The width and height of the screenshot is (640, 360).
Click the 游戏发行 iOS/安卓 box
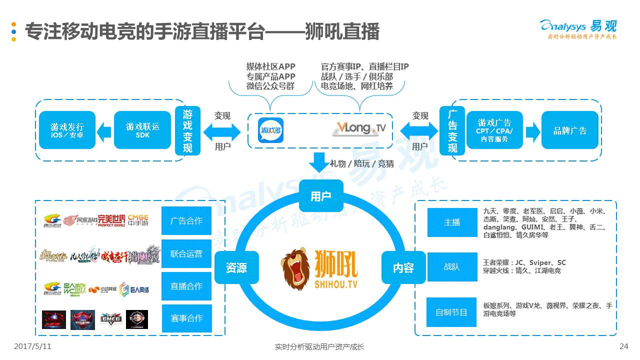tap(67, 130)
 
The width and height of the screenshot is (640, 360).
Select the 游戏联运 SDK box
tap(142, 130)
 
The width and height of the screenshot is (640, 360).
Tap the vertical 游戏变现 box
tap(187, 130)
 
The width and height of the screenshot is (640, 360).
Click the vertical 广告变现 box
tap(452, 130)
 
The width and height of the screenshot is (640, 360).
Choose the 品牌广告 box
tap(569, 130)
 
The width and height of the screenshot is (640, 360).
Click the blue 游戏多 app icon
tap(271, 130)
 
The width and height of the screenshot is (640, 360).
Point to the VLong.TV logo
tap(359, 129)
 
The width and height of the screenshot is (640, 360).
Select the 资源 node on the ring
tap(236, 268)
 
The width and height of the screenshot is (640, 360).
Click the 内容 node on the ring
tap(403, 268)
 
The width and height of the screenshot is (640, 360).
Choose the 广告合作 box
tap(186, 220)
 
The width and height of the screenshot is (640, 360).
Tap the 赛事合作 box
tap(186, 318)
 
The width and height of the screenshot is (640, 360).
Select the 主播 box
tap(452, 222)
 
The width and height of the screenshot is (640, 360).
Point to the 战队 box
tap(452, 267)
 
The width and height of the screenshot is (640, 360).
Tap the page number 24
tap(623, 346)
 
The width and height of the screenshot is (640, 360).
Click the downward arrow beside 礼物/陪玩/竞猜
tap(318, 162)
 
